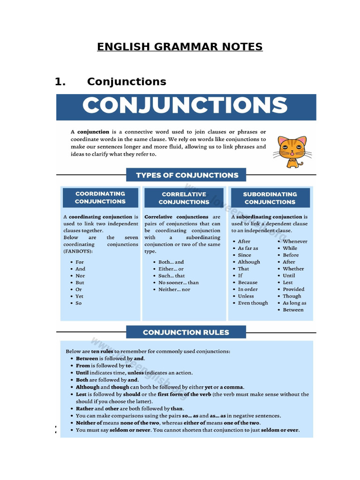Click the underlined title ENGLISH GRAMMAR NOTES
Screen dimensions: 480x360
[180, 47]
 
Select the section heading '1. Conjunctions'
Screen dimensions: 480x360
[111, 82]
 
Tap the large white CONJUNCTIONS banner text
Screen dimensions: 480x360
[185, 106]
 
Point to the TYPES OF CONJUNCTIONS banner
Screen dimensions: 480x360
[187, 175]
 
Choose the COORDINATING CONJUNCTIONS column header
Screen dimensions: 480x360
[100, 197]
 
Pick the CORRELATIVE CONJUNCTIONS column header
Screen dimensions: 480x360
[184, 198]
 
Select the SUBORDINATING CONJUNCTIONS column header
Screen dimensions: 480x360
[270, 198]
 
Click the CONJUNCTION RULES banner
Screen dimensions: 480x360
[186, 332]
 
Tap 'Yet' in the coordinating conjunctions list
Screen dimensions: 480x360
[80, 296]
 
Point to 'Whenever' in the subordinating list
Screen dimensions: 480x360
[295, 241]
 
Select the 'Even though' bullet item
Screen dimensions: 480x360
[253, 303]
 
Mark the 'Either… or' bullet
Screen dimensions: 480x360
[171, 269]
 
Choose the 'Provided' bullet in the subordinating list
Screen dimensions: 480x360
[293, 289]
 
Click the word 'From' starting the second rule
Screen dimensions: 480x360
[83, 366]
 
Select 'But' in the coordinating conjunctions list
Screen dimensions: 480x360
[80, 283]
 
